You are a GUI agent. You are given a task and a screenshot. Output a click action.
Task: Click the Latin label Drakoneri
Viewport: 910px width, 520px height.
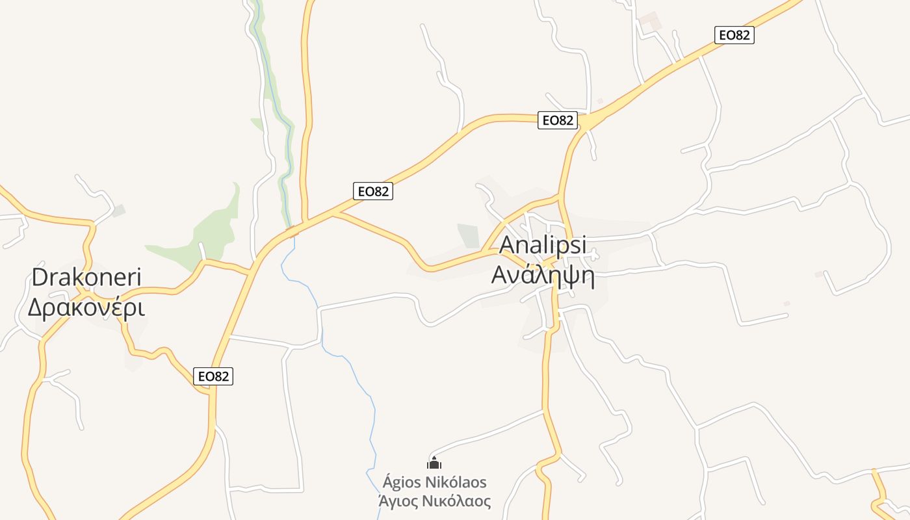pyautogui.click(x=86, y=278)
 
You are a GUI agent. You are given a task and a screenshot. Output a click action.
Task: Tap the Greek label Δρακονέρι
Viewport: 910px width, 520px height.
pyautogui.click(x=86, y=307)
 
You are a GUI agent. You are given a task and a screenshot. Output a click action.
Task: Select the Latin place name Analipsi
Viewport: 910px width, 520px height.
pyautogui.click(x=543, y=245)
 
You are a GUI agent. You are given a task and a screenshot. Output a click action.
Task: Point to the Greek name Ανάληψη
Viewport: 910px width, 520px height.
pyautogui.click(x=543, y=275)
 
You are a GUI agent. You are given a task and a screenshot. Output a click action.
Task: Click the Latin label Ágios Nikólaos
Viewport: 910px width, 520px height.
pyautogui.click(x=434, y=482)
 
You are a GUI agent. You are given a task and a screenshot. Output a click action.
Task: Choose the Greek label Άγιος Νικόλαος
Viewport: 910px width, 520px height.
pyautogui.click(x=434, y=501)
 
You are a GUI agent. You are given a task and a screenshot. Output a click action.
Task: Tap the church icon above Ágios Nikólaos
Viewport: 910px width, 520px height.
pyautogui.click(x=434, y=463)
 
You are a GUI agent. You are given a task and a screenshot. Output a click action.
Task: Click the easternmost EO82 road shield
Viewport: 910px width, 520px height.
pyautogui.click(x=734, y=35)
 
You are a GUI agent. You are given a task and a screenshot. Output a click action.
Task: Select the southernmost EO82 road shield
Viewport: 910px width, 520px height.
pyautogui.click(x=213, y=376)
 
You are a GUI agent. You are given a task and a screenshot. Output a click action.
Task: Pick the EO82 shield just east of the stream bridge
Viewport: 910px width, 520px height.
pyautogui.click(x=374, y=191)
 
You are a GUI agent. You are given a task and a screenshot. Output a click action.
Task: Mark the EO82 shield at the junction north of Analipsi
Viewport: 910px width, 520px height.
pyautogui.click(x=558, y=120)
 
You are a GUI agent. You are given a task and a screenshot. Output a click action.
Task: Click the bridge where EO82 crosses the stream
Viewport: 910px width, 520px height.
pyautogui.click(x=293, y=230)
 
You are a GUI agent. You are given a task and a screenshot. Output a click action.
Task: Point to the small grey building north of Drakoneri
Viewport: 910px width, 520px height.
pyautogui.click(x=118, y=211)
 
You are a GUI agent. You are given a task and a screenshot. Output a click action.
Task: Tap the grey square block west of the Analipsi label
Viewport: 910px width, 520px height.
pyautogui.click(x=468, y=235)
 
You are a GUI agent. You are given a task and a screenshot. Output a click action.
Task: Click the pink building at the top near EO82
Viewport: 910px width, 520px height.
pyautogui.click(x=649, y=21)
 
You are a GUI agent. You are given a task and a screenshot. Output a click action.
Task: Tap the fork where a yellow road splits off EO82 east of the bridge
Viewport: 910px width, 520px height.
pyautogui.click(x=333, y=213)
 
